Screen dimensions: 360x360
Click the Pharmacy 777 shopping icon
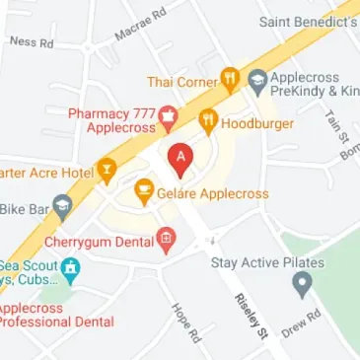(x=167, y=120)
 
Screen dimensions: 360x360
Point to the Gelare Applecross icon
(x=144, y=192)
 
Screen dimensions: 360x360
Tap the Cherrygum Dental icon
(x=166, y=238)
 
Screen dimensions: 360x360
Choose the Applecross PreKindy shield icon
(x=256, y=81)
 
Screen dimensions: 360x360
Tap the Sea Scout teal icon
(x=70, y=267)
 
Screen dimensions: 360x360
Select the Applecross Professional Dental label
(x=54, y=315)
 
